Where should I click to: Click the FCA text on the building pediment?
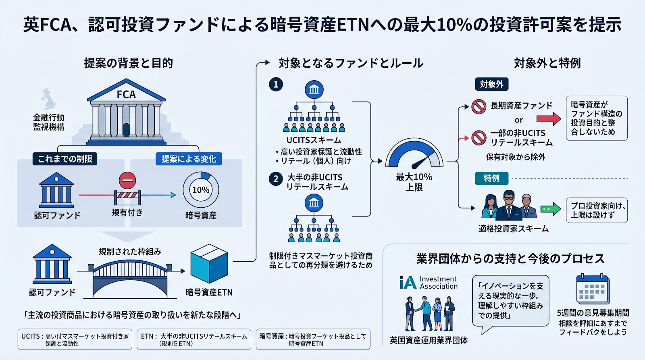click(126, 94)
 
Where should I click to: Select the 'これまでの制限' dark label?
click(65, 159)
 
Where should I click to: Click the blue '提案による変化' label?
click(189, 159)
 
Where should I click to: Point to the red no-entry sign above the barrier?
click(127, 180)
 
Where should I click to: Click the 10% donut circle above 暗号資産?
click(201, 190)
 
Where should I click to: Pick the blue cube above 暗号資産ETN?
click(209, 263)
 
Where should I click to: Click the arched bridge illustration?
click(130, 279)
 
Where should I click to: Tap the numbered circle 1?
click(276, 84)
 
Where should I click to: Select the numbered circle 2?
click(276, 179)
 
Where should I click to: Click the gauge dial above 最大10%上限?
click(414, 153)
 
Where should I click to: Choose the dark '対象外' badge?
click(491, 84)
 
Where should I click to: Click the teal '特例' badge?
click(491, 178)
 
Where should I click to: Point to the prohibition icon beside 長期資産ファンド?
click(479, 106)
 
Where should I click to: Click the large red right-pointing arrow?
click(549, 119)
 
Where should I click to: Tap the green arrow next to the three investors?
click(551, 209)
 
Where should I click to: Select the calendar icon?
click(593, 289)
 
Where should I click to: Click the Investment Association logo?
click(429, 283)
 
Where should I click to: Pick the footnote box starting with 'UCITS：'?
click(75, 339)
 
